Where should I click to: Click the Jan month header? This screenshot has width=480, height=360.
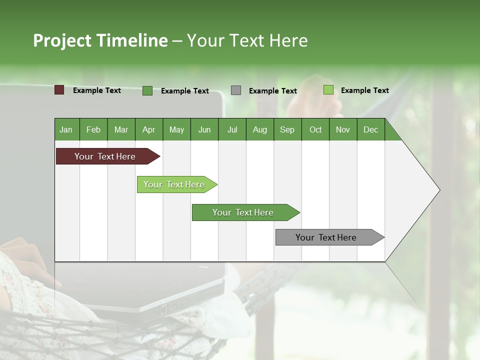[66, 129]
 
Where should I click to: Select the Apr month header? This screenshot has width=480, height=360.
[148, 129]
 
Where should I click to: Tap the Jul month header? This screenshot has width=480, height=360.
[232, 129]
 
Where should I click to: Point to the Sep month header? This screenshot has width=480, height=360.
[287, 129]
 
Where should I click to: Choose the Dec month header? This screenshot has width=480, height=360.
[370, 129]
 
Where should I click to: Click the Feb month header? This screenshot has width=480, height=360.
[93, 129]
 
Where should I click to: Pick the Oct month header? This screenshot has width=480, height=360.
[315, 129]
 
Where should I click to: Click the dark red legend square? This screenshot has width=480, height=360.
[59, 90]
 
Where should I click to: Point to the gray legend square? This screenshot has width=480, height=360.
[236, 90]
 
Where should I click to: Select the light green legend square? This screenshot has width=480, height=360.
[328, 90]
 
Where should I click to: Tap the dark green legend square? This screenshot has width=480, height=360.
[147, 90]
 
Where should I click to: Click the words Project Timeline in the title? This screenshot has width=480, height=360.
[100, 40]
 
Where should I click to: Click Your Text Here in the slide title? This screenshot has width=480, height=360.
[247, 40]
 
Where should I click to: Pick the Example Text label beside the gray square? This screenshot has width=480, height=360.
[272, 91]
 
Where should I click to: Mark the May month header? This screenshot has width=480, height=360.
[176, 129]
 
